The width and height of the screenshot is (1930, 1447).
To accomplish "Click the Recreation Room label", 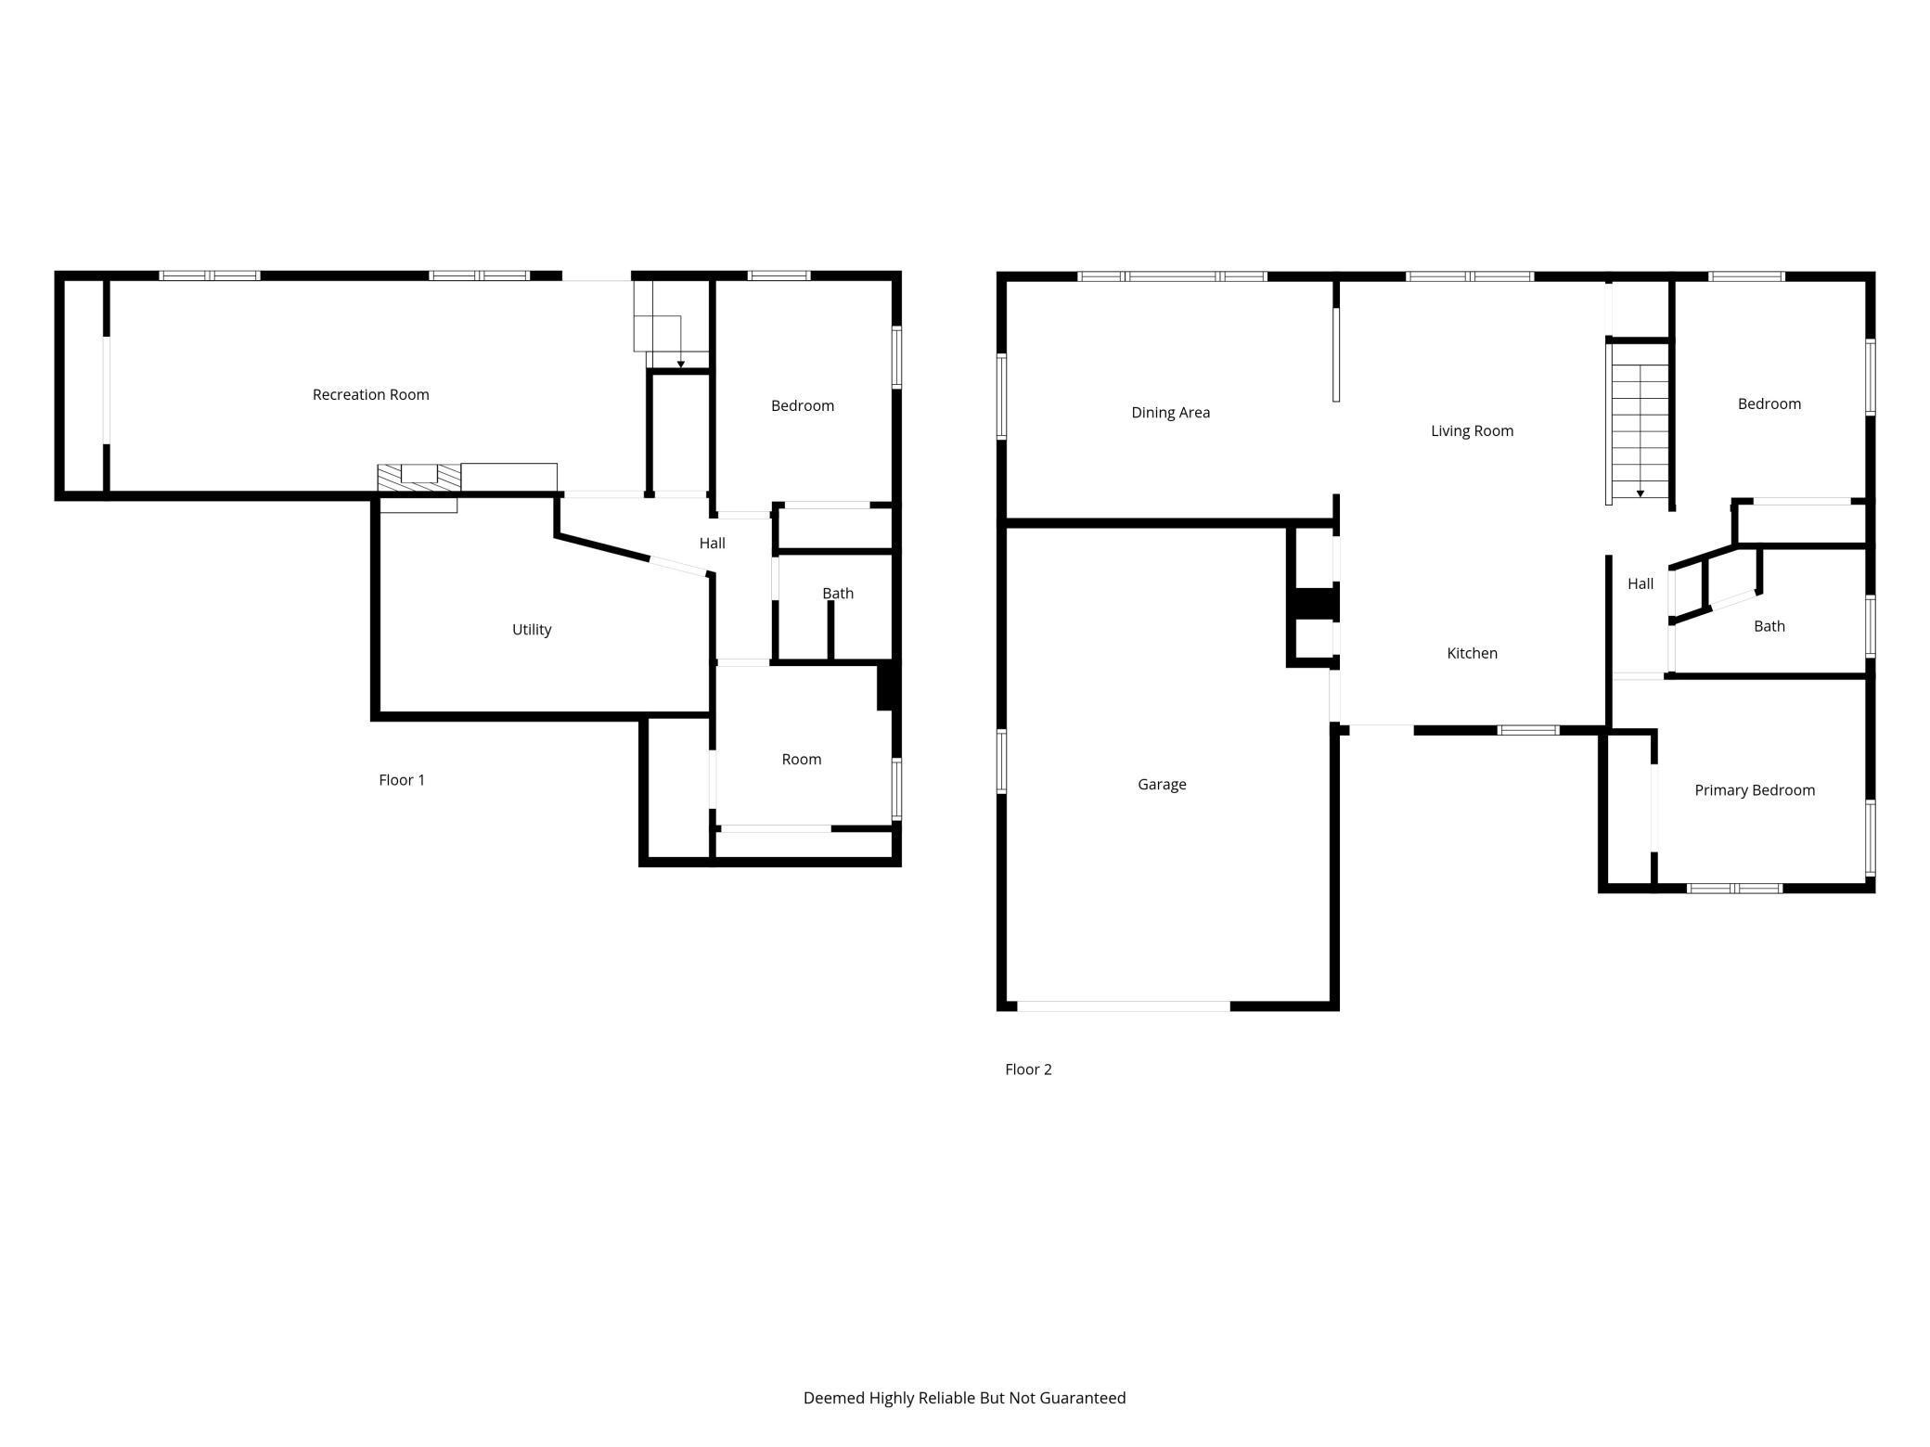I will pyautogui.click(x=370, y=394).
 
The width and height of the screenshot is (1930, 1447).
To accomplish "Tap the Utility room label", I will pyautogui.click(x=532, y=629).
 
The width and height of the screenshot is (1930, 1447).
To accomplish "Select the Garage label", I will pyautogui.click(x=1162, y=784).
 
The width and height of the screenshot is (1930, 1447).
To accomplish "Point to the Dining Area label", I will pyautogui.click(x=1170, y=412).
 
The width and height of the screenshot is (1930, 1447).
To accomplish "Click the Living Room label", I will pyautogui.click(x=1472, y=430).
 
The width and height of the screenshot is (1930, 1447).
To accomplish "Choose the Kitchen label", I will pyautogui.click(x=1472, y=653).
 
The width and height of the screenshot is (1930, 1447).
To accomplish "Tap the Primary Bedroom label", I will pyautogui.click(x=1754, y=790).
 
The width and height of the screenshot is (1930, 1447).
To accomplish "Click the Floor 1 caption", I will pyautogui.click(x=401, y=780).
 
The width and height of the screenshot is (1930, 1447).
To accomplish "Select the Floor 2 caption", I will pyautogui.click(x=1028, y=1069).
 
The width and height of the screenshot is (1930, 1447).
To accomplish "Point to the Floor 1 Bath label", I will pyautogui.click(x=837, y=593).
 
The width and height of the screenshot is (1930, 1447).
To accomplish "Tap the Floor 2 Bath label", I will pyautogui.click(x=1769, y=626).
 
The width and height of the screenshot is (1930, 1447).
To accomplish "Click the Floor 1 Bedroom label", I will pyautogui.click(x=802, y=405).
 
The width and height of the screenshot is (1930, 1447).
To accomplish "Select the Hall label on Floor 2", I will pyautogui.click(x=1640, y=583).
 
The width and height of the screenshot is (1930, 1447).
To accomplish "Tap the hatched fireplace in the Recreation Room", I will pyautogui.click(x=418, y=476).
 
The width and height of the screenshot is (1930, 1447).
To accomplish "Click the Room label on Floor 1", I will pyautogui.click(x=801, y=759).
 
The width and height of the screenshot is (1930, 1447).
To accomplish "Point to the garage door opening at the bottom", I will pyautogui.click(x=1123, y=1005).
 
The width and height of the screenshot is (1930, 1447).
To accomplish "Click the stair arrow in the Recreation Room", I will pyautogui.click(x=681, y=363).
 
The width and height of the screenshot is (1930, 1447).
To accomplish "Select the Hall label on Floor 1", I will pyautogui.click(x=712, y=543).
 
